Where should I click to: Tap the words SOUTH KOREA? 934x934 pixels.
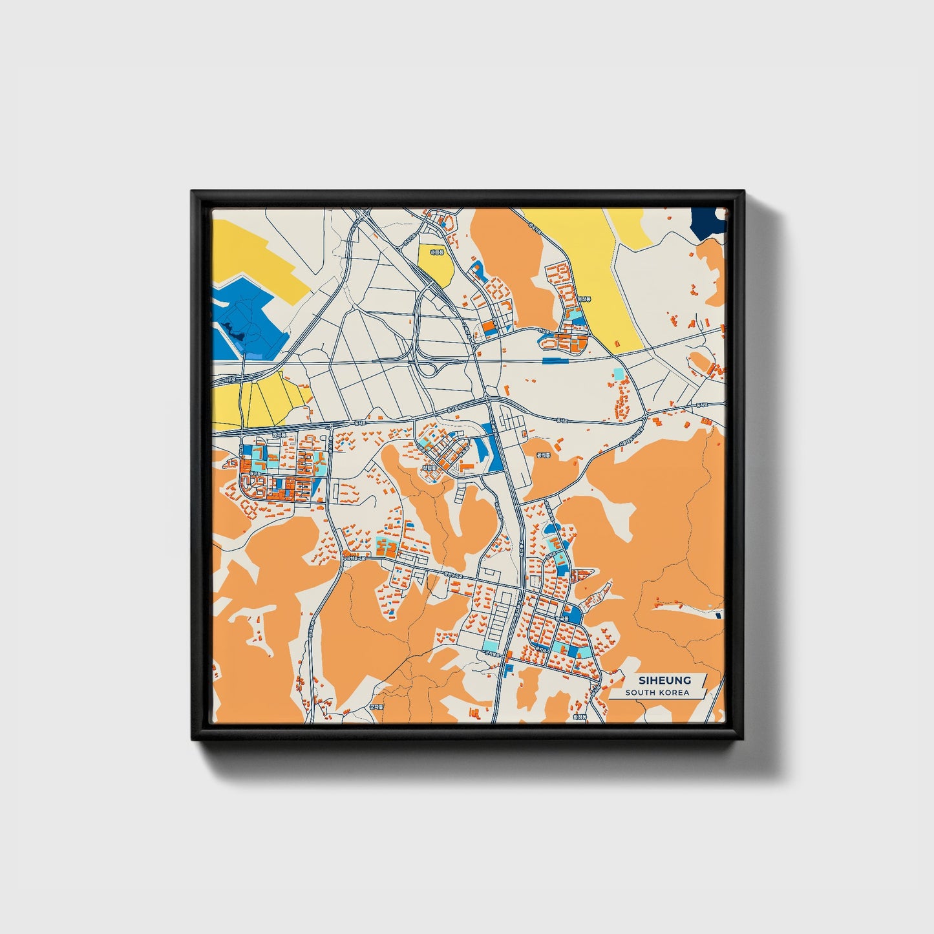pyautogui.click(x=657, y=693)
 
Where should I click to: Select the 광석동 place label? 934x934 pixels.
pyautogui.click(x=542, y=455)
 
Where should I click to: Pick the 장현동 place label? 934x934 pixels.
pyautogui.click(x=429, y=467)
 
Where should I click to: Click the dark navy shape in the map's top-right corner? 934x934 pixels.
pyautogui.click(x=707, y=222)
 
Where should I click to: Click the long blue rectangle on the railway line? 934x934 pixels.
pyautogui.click(x=556, y=361)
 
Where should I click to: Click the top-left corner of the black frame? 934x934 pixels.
pyautogui.click(x=192, y=191)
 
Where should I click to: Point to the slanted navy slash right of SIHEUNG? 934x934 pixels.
pyautogui.click(x=704, y=681)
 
